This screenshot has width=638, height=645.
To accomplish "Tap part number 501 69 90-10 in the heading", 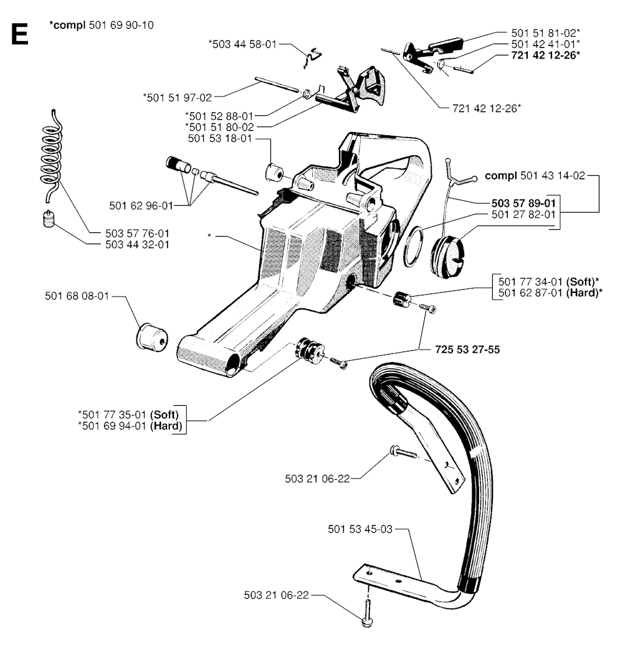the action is click(121, 25).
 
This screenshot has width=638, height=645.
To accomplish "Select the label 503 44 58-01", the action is click(243, 44).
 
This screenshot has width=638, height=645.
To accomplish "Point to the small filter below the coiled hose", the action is click(49, 218).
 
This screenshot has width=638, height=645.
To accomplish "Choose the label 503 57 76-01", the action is click(138, 233).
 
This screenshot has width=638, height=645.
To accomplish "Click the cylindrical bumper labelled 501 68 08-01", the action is click(152, 337).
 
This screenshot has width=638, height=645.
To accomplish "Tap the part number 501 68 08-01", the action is click(77, 296).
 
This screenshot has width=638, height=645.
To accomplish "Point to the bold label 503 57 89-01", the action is click(523, 203).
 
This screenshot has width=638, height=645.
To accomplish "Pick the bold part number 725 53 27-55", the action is click(467, 350).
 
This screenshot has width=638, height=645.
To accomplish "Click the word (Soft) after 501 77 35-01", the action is click(164, 414).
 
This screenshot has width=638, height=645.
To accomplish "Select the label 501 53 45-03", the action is click(360, 529).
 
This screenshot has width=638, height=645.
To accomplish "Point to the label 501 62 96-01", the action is click(141, 206).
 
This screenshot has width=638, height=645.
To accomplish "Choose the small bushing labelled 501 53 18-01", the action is click(273, 173).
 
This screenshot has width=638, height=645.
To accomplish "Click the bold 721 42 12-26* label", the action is click(545, 55).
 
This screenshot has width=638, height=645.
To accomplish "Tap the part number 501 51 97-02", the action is click(178, 97).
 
